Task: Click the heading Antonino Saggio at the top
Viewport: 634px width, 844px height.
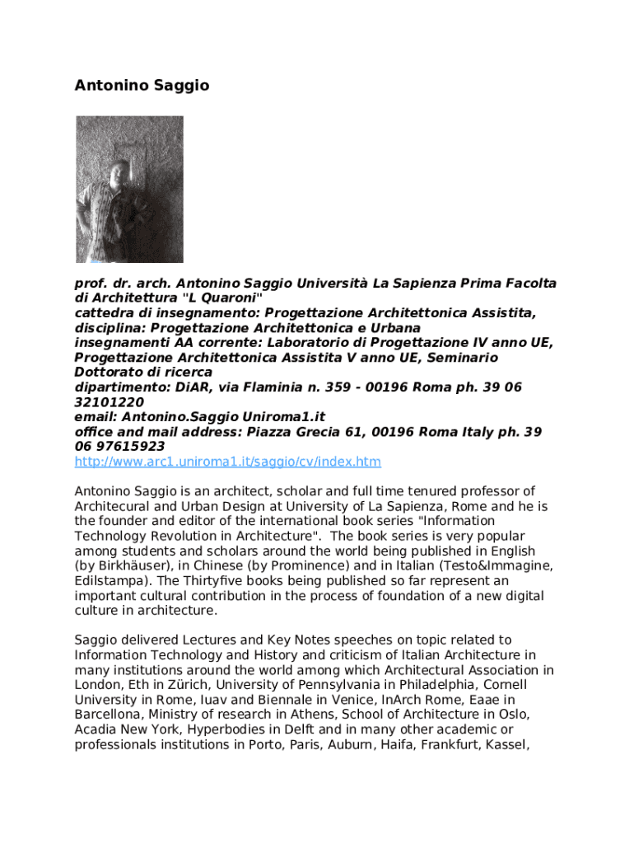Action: [142, 86]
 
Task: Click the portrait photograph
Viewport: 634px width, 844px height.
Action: [129, 189]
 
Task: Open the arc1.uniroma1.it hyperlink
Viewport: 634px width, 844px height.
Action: [227, 462]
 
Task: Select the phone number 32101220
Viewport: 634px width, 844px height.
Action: [109, 402]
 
